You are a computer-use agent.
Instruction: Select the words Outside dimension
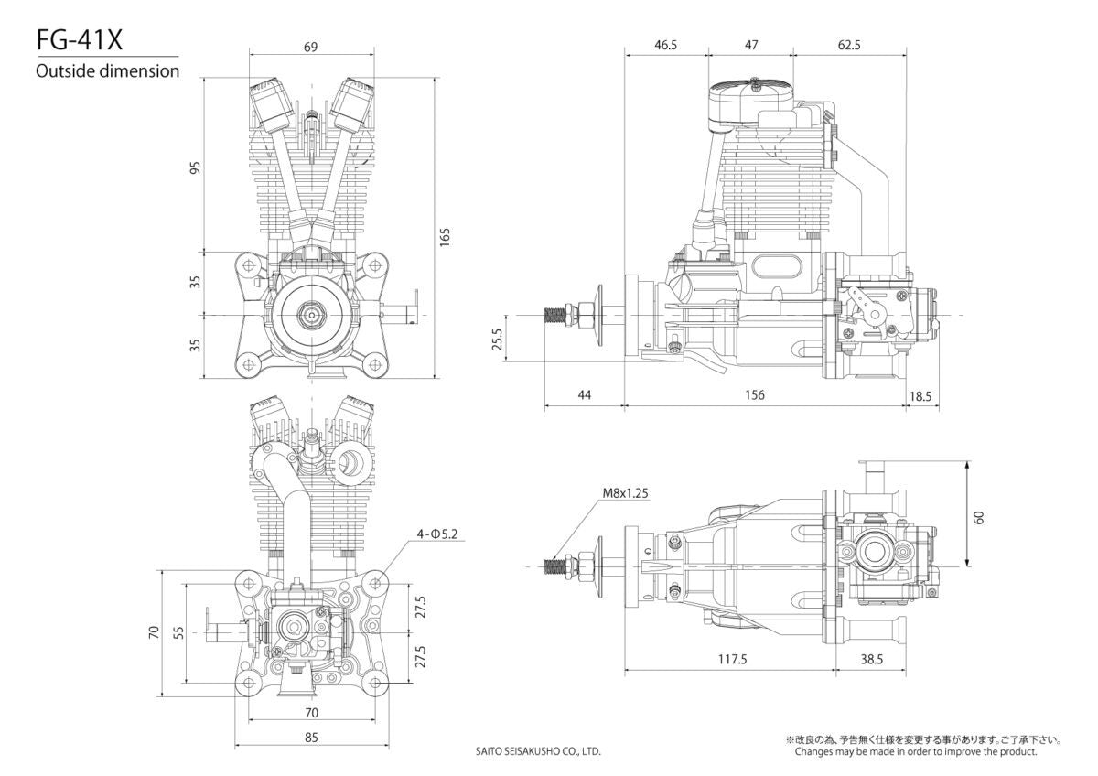107,71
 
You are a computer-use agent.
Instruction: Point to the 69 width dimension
311,48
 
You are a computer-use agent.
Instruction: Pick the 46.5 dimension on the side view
666,45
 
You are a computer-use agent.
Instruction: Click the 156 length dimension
754,394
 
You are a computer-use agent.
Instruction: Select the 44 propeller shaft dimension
585,394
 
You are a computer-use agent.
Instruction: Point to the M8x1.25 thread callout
626,492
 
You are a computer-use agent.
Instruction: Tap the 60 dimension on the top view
979,517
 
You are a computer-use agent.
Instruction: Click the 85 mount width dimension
311,737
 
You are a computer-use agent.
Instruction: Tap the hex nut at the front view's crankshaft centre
312,314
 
